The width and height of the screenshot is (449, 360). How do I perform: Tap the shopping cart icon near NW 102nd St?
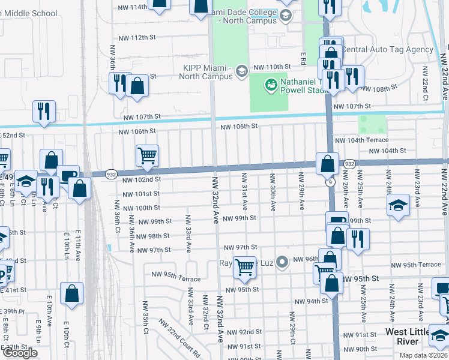tap(147, 155)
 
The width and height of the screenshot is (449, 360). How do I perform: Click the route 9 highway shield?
tap(330, 182)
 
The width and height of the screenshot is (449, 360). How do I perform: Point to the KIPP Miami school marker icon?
tap(241, 71)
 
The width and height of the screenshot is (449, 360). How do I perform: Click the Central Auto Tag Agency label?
tap(388, 50)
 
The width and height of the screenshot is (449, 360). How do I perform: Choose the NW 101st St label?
tap(141, 194)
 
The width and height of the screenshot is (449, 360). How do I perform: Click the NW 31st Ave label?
tap(244, 192)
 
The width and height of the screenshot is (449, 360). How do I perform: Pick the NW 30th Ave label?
tap(273, 192)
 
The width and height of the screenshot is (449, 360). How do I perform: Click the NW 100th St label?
tap(141, 208)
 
